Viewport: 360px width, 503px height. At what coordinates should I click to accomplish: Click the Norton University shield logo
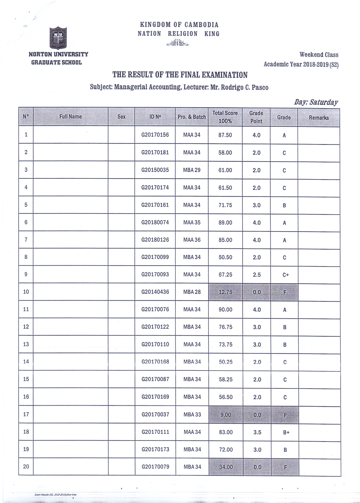(x=58, y=38)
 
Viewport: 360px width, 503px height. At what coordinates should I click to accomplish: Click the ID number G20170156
(x=155, y=135)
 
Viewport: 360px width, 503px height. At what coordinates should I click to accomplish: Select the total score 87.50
(x=225, y=135)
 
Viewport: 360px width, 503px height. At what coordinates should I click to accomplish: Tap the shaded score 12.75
(x=225, y=292)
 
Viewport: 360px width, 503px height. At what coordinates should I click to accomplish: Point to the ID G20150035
(x=155, y=170)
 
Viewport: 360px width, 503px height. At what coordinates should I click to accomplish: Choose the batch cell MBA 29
(x=192, y=170)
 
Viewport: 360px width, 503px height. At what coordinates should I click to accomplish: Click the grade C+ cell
(x=285, y=275)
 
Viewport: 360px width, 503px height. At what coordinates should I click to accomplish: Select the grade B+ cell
(x=286, y=432)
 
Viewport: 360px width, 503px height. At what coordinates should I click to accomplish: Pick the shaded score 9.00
(x=226, y=414)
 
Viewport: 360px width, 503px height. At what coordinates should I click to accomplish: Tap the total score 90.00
(x=225, y=309)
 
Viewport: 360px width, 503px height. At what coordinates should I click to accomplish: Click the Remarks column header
(x=319, y=118)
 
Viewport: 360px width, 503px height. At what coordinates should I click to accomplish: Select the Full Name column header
(x=70, y=117)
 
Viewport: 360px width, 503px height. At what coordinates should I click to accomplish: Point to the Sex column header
(x=121, y=117)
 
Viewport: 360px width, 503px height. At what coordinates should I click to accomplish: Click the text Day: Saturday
(x=316, y=102)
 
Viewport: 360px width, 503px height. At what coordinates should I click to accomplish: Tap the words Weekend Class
(x=319, y=55)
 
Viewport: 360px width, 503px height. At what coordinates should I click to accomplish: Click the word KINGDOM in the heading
(x=155, y=25)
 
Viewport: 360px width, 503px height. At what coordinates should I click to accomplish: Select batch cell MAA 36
(x=192, y=240)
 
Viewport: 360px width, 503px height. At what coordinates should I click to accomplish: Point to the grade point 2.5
(x=257, y=275)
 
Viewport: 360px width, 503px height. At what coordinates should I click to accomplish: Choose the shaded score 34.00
(x=226, y=467)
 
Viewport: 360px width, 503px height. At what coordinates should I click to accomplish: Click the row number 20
(x=26, y=466)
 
